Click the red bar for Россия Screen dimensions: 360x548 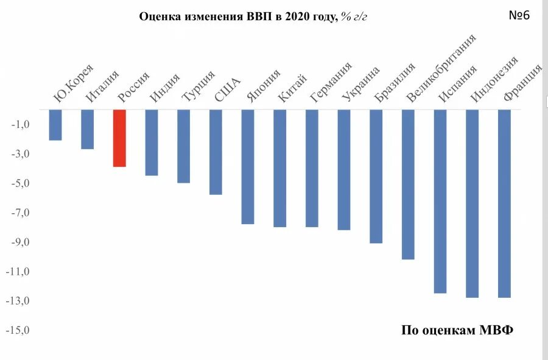[x=119, y=138]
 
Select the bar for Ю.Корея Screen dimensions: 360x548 [x=55, y=125]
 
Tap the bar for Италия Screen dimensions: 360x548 [x=88, y=129]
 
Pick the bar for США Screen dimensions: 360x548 [x=216, y=152]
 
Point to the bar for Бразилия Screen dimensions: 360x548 [x=376, y=177]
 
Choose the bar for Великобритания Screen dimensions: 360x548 [x=408, y=185]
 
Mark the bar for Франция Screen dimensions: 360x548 [x=504, y=203]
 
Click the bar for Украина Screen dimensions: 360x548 [x=344, y=170]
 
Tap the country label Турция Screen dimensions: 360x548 [x=198, y=86]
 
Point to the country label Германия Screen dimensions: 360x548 [x=331, y=82]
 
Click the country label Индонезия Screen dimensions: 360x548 [x=494, y=79]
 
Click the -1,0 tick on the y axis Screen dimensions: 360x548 [x=23, y=125]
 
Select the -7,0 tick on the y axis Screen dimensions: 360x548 [x=23, y=213]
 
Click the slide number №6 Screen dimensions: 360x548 [x=519, y=15]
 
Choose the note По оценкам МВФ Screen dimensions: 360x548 [x=457, y=330]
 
